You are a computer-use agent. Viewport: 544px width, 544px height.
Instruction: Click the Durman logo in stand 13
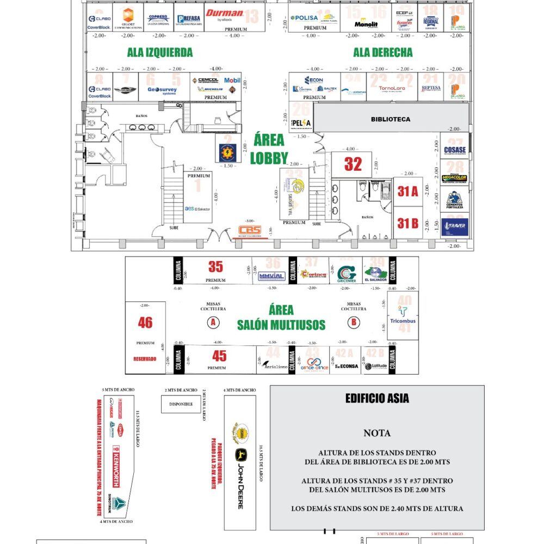click(x=225, y=14)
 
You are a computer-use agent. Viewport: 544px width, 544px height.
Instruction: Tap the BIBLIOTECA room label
click(x=391, y=119)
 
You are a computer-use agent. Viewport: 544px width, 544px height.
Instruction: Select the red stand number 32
click(x=353, y=164)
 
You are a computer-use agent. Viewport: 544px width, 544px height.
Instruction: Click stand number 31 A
click(x=407, y=191)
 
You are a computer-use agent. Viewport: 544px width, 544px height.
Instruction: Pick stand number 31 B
click(x=407, y=222)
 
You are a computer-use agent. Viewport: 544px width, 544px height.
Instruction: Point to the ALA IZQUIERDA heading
click(x=160, y=53)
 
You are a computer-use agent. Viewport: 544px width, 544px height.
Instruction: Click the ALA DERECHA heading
click(x=383, y=53)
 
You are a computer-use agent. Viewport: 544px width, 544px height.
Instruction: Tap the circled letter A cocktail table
click(x=213, y=323)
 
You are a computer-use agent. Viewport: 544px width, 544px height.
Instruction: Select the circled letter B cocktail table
click(x=354, y=323)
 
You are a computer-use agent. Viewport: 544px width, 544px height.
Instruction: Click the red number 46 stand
click(x=145, y=323)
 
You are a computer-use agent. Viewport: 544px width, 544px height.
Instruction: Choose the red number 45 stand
click(x=219, y=356)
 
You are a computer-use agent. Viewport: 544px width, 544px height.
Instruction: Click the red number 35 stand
click(x=215, y=267)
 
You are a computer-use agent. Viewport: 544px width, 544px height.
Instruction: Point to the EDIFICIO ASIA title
click(x=377, y=399)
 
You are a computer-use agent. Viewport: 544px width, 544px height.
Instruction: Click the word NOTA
click(x=377, y=434)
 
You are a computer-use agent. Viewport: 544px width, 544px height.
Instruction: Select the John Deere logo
click(x=239, y=479)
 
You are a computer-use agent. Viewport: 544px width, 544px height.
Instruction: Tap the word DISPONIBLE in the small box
click(x=181, y=404)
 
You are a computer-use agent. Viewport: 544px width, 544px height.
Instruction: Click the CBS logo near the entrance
click(x=250, y=231)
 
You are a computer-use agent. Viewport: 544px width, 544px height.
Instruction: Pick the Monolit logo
click(x=366, y=24)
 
